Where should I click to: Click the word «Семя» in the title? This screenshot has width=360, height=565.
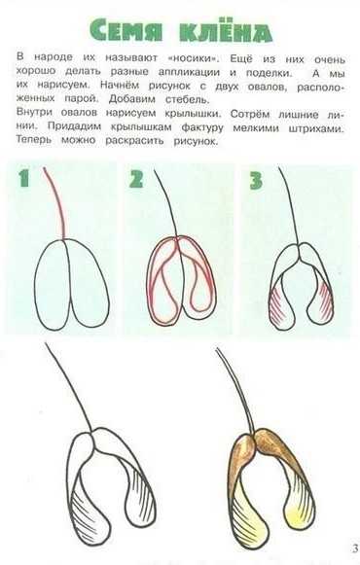coord(126,30)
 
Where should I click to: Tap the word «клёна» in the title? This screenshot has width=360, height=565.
coord(226,30)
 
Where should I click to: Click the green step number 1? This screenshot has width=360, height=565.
coord(23,178)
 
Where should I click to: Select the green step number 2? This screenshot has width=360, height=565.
coord(136,179)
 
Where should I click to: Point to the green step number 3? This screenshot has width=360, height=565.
coord(256,180)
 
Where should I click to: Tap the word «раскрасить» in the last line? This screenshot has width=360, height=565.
coord(134,141)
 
